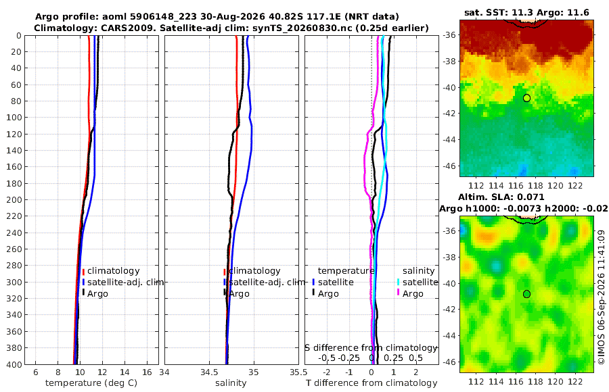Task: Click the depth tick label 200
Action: coord(14,199)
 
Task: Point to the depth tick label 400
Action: coord(14,364)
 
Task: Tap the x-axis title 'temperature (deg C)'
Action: coord(91,383)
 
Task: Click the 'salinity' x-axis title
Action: coord(231,383)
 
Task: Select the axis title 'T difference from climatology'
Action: coord(371,383)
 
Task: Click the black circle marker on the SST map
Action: coord(526,98)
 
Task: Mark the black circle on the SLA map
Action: coord(526,294)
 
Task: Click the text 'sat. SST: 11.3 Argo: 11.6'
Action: coord(526,12)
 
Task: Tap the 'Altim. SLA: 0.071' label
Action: coord(501,197)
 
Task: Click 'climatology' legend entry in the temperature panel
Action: coord(113,271)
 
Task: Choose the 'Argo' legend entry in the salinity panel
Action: coord(239,294)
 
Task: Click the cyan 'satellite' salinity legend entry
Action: coord(420,282)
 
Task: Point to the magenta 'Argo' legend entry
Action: coord(413,294)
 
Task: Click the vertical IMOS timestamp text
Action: coord(602,297)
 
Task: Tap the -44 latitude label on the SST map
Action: coord(450,139)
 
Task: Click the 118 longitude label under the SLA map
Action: coord(536,381)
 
